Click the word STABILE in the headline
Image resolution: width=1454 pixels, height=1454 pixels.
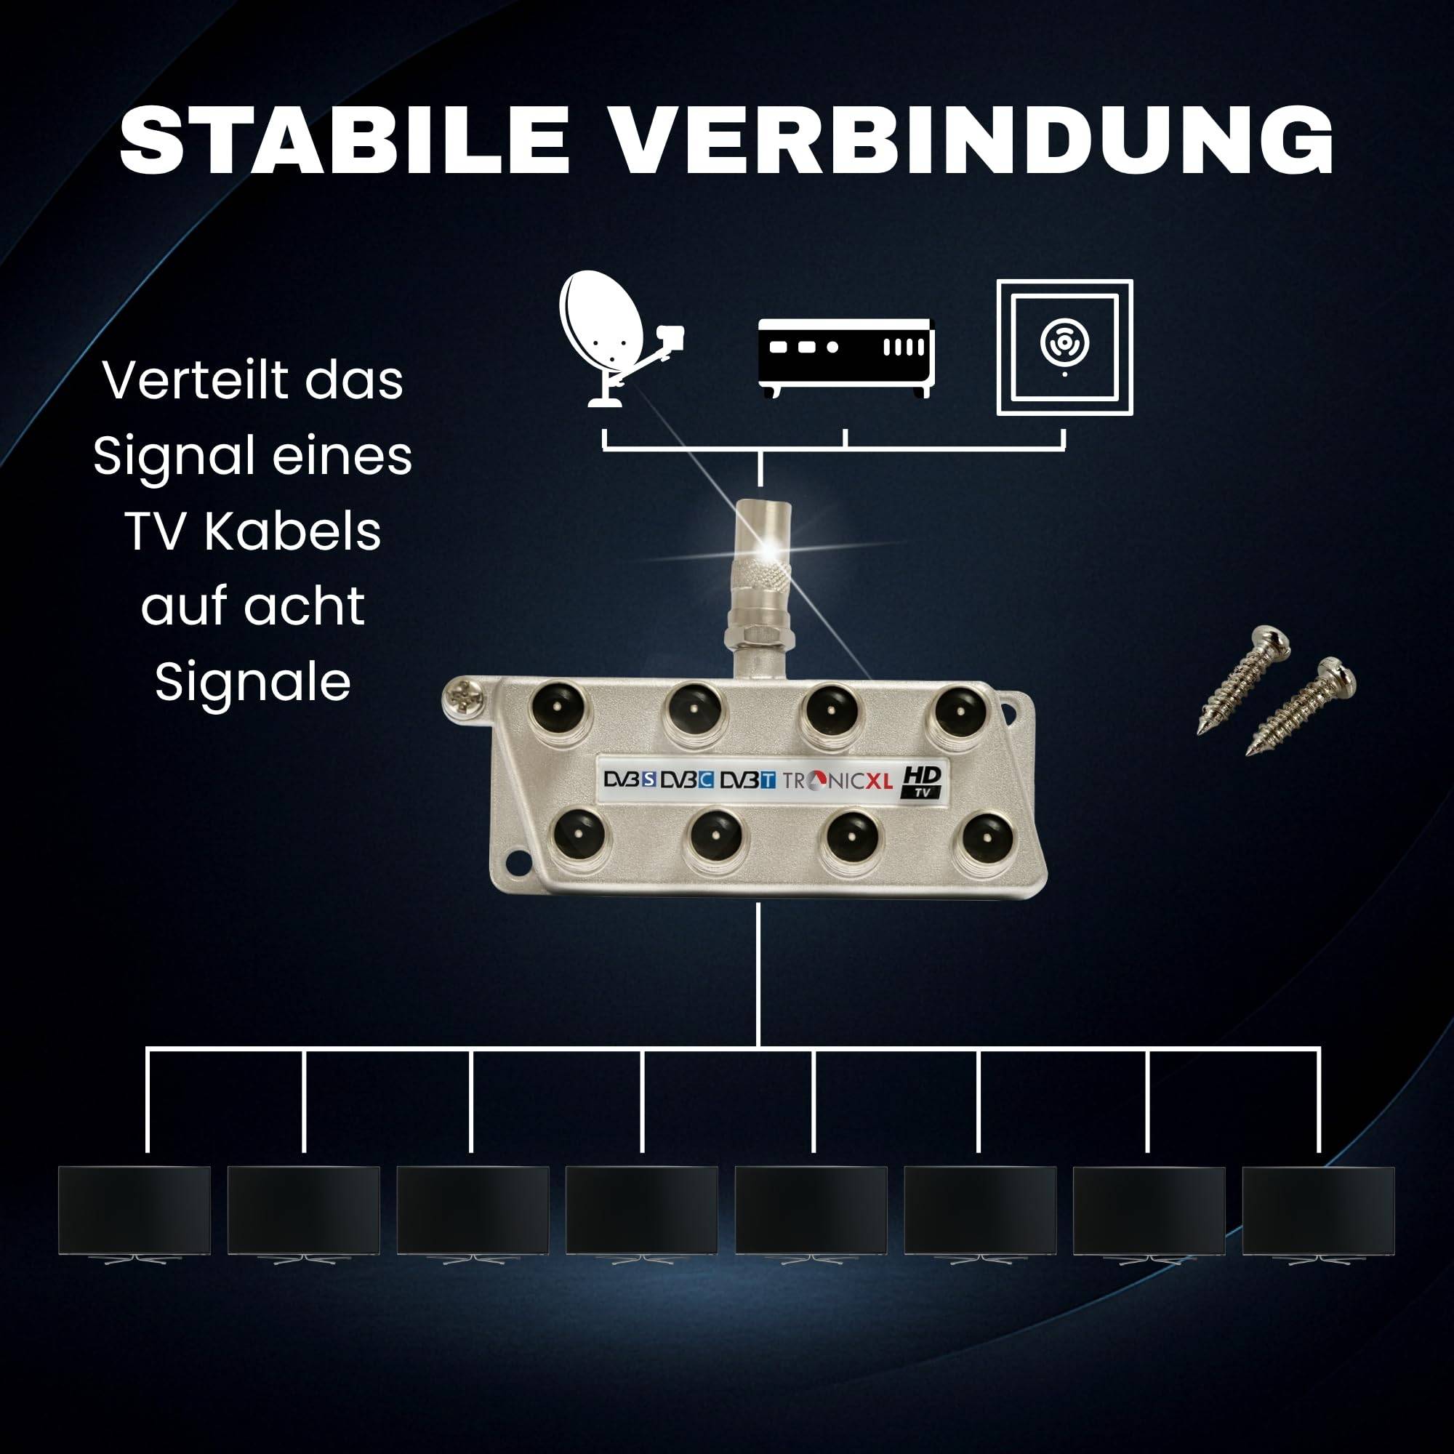click(x=343, y=140)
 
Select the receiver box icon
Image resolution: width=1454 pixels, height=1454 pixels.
click(x=846, y=356)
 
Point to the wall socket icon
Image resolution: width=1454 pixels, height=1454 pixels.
click(x=1064, y=347)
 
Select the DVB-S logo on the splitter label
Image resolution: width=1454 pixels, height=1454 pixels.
click(x=630, y=779)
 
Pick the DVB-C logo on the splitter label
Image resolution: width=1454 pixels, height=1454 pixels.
click(x=687, y=779)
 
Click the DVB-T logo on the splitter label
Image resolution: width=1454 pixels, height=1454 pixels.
click(x=747, y=780)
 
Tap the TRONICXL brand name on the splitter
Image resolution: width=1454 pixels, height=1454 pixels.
click(x=837, y=780)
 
